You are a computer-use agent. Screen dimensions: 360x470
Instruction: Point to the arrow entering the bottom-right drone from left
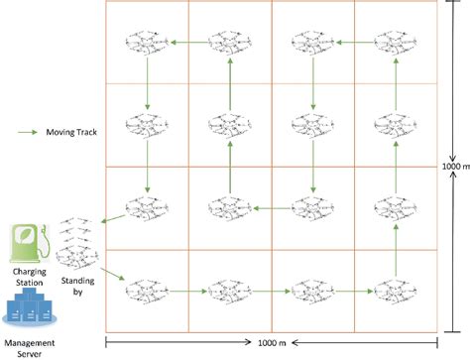(x=353, y=293)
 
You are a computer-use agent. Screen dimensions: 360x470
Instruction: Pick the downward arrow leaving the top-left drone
(x=146, y=84)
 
